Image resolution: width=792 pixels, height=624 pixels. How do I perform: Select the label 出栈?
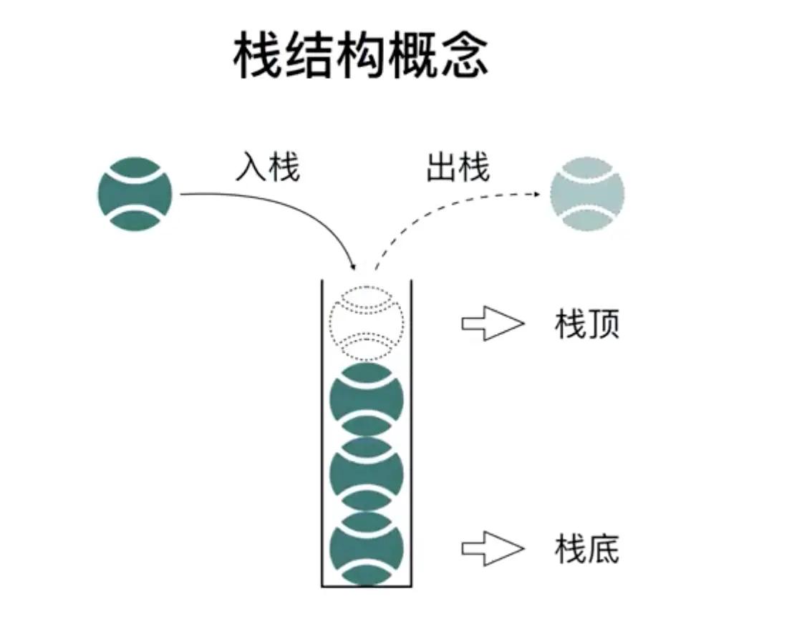tap(458, 167)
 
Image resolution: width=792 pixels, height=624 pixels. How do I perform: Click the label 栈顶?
tap(586, 324)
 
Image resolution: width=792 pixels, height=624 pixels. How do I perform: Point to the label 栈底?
tap(586, 549)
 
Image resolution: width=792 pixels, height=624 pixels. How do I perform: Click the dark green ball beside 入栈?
tap(135, 194)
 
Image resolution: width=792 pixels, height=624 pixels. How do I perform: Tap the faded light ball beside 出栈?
tap(587, 194)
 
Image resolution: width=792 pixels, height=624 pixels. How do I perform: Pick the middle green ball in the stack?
tap(366, 474)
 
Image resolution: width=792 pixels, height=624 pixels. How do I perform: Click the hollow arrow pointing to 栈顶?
tap(493, 324)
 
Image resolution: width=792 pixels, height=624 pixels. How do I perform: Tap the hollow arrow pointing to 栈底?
tap(493, 549)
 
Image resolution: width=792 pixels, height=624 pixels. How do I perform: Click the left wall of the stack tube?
tap(322, 429)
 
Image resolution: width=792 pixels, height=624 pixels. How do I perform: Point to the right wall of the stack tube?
tap(412, 429)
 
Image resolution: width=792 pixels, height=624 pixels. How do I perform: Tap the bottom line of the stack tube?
tap(367, 587)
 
